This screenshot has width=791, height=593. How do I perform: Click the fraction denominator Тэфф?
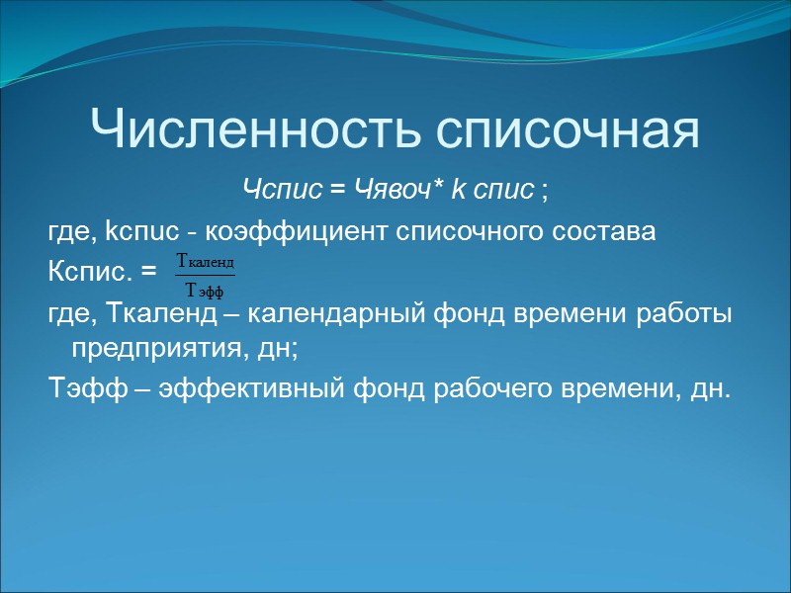point(205,290)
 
